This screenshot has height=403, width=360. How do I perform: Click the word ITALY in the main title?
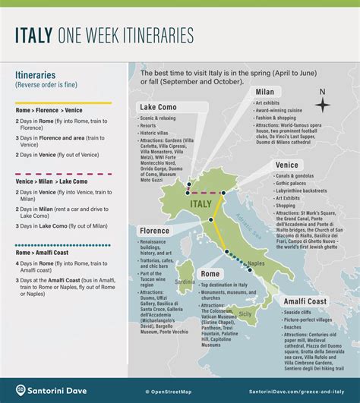pyautogui.click(x=38, y=35)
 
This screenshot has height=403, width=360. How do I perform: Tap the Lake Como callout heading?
pyautogui.click(x=157, y=107)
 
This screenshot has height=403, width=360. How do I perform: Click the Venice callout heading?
pyautogui.click(x=288, y=165)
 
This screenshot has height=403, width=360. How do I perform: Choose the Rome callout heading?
pyautogui.click(x=210, y=273)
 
